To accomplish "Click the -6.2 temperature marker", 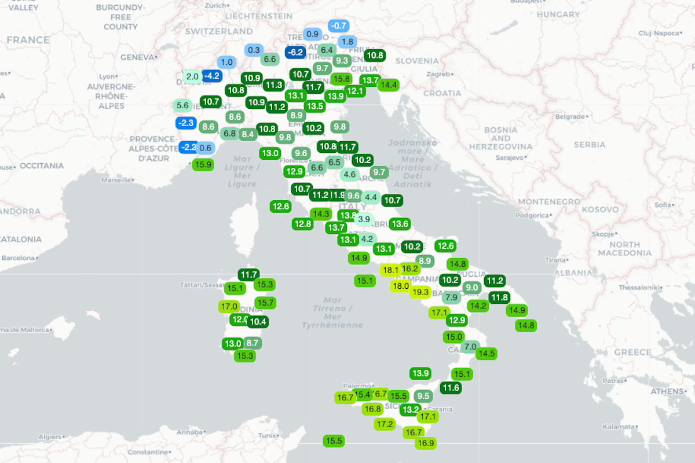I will click(x=295, y=52).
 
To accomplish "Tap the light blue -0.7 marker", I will click(x=338, y=25).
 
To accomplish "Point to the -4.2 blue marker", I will click(x=212, y=75).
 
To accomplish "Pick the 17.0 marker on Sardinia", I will click(x=229, y=306).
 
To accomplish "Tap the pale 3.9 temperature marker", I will click(x=364, y=219).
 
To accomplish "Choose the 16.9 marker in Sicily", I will click(x=426, y=443).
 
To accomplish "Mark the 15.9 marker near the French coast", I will click(x=203, y=164).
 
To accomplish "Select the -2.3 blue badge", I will click(x=186, y=123).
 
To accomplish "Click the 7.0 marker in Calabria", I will click(x=470, y=347).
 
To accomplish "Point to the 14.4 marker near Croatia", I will click(x=388, y=85).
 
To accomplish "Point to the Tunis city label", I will click(x=268, y=435).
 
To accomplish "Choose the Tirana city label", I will click(x=555, y=260).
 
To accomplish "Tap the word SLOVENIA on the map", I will click(x=417, y=60).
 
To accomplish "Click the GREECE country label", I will click(x=632, y=352).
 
